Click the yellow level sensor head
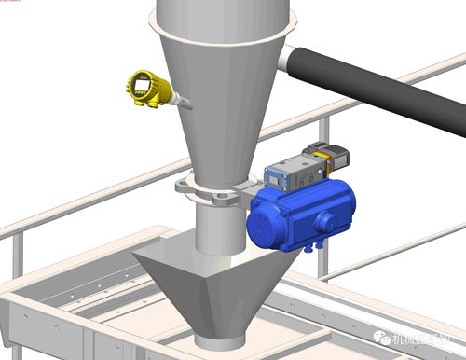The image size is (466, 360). [146, 90]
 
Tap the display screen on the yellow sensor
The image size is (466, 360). [141, 89]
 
